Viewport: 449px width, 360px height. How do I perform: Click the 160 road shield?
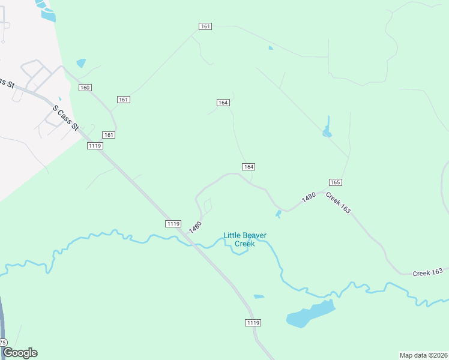pos(85,88)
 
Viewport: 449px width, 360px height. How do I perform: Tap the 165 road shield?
pos(336,182)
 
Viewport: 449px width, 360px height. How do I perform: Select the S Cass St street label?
pos(66,118)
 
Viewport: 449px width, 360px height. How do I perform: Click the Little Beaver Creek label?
pos(245,239)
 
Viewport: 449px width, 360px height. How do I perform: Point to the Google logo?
pos(20,353)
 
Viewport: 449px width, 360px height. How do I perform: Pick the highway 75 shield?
pos(3,343)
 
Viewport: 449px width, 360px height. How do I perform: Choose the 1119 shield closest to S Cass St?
pos(94,146)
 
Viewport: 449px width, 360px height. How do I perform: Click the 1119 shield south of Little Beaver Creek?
pos(253,323)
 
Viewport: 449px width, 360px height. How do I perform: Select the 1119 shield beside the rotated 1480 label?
pos(173,224)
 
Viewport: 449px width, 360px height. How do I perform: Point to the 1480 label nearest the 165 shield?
pos(309,197)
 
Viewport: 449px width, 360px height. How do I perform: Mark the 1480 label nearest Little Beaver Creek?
pos(194,227)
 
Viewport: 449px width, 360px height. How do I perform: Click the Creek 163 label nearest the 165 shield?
pos(338,203)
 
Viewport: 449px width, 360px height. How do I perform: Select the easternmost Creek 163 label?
pos(427,273)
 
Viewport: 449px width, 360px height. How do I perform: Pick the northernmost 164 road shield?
pos(223,103)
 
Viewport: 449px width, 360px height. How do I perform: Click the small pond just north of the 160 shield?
pos(81,62)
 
